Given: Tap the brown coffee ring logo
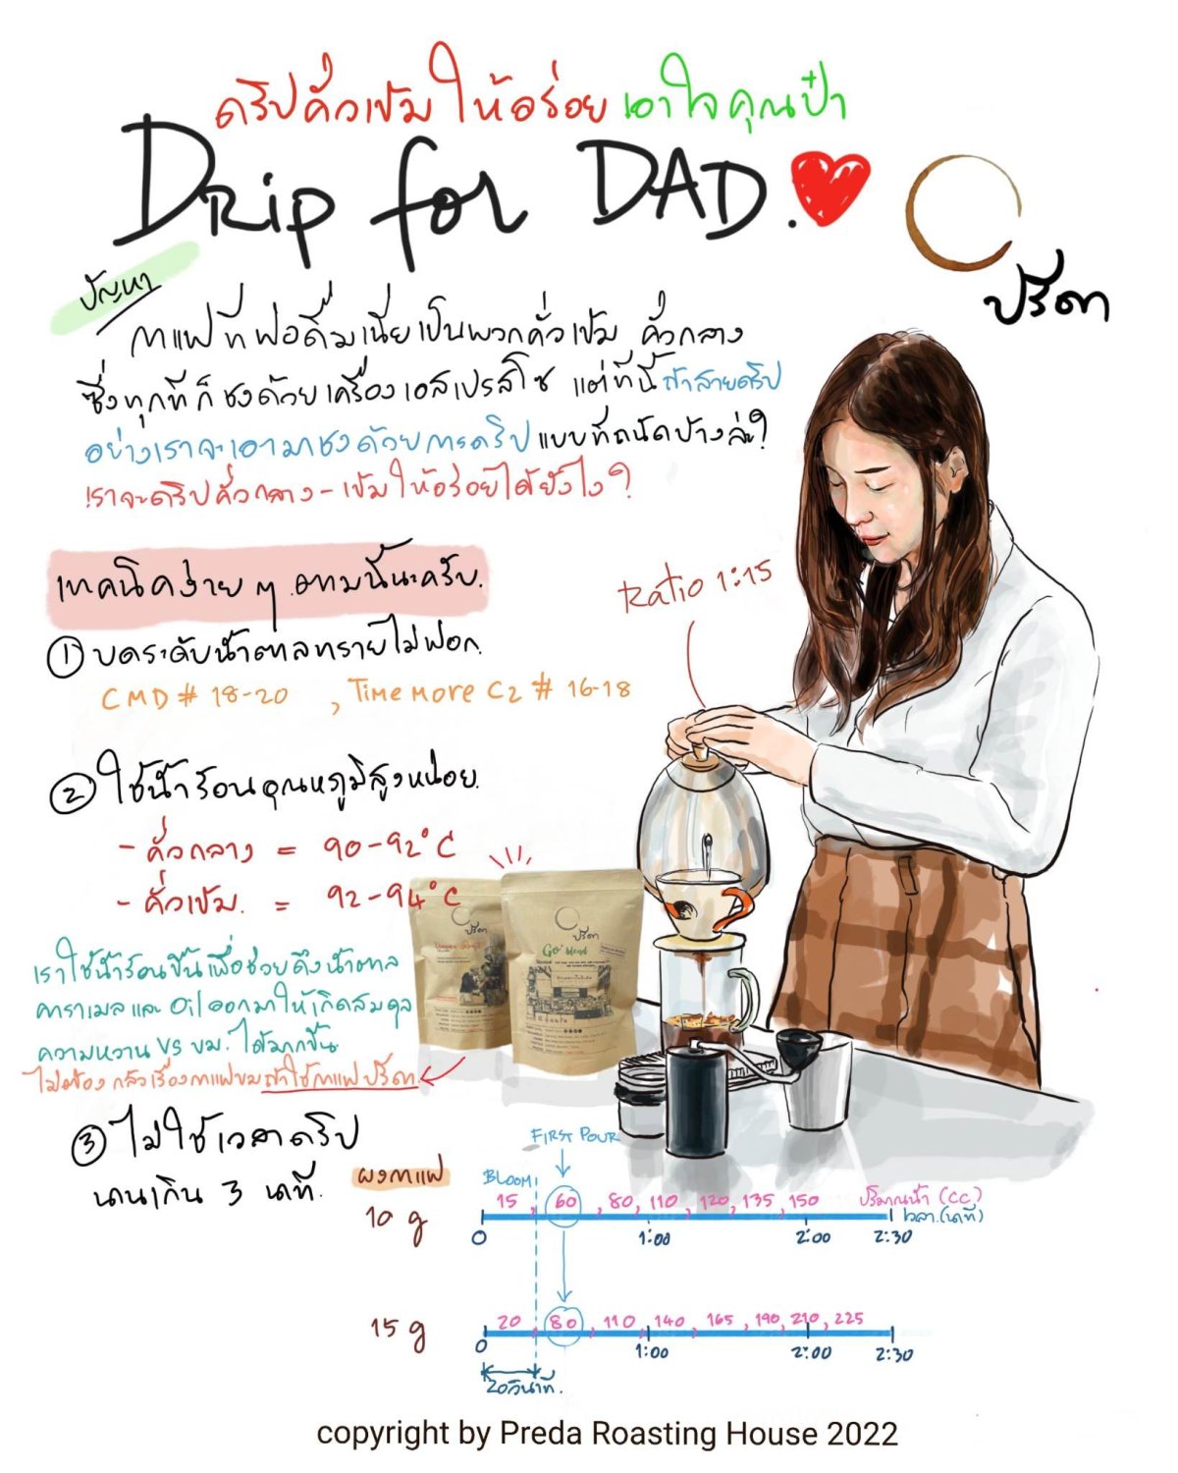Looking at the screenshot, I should point(962,211).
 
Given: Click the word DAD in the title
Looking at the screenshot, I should point(677,187).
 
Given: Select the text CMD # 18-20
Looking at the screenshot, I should point(194,696).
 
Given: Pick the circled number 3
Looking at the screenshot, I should point(88,1143).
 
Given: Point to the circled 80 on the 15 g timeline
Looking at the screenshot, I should point(563,1322).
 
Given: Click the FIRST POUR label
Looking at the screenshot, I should point(574,1136).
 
